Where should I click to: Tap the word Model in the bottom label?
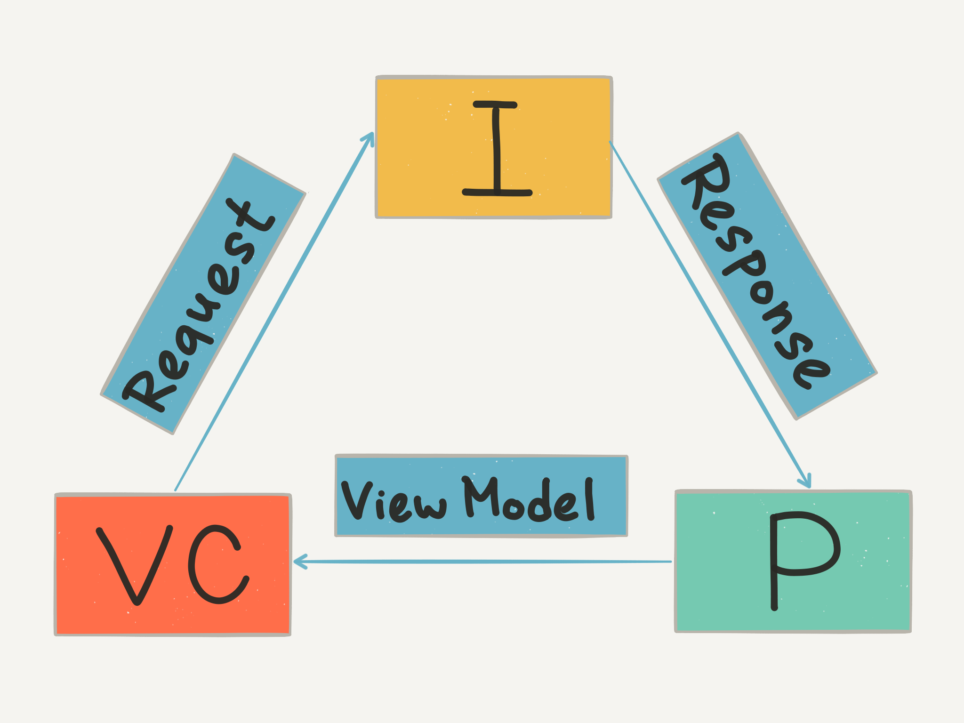(530, 499)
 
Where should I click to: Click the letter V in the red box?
(134, 565)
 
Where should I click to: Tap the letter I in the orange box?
(497, 148)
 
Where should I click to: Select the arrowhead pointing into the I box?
(369, 137)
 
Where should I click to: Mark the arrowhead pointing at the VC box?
(300, 561)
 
